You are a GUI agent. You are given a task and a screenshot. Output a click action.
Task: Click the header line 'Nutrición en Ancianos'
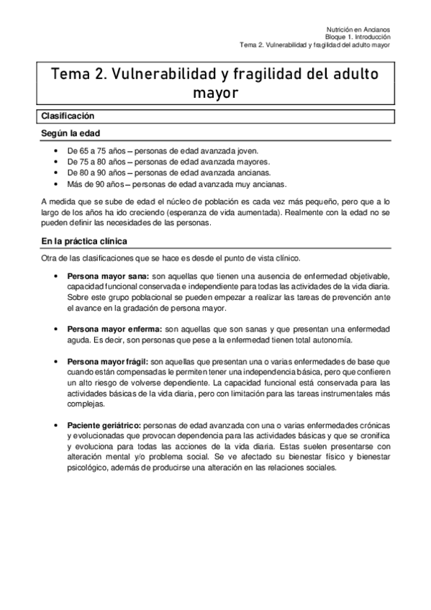coord(362,29)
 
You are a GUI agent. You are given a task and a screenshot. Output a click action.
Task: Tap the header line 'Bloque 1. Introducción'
coord(358,37)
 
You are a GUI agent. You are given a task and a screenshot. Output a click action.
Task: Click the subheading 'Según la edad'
coord(71,133)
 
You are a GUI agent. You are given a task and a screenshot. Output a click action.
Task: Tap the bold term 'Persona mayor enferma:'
coord(114,329)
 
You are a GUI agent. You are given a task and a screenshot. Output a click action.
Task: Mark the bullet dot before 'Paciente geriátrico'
coord(57,426)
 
